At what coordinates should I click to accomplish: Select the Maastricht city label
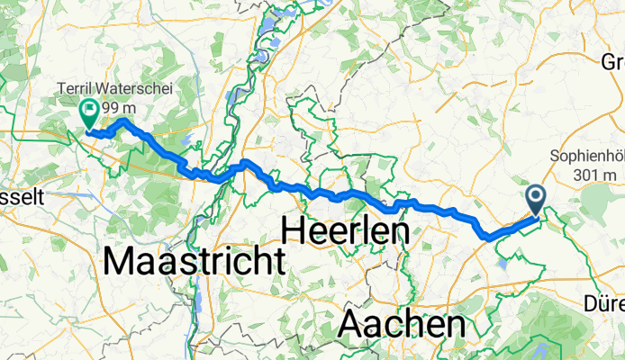click(x=195, y=261)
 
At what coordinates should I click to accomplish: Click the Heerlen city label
click(x=346, y=230)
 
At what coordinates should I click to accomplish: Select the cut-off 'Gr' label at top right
click(x=612, y=62)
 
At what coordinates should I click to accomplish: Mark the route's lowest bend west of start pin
click(x=489, y=238)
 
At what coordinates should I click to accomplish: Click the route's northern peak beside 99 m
click(x=122, y=121)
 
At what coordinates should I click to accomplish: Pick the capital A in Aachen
click(x=353, y=322)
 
